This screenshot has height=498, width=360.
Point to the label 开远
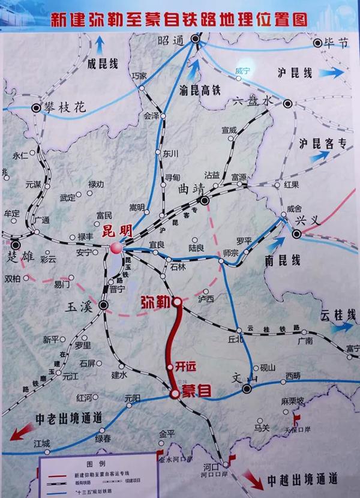click(x=187, y=366)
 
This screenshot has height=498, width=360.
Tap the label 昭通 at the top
click(x=169, y=40)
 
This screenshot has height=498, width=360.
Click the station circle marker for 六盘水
click(x=289, y=103)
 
